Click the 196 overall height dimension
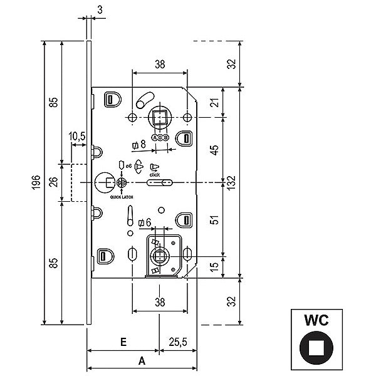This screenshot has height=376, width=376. coord(38,182)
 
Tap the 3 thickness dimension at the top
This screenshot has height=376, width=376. coord(101,9)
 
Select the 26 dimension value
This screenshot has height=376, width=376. coord(54,182)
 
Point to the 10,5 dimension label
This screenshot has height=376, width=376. coord(78,136)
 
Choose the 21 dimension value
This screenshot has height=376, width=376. coord(214,103)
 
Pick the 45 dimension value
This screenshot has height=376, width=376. coord(214,150)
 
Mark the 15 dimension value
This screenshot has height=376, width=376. coord(214,266)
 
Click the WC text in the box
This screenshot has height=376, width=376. coord(316,320)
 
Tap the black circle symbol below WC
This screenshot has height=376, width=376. coord(316,348)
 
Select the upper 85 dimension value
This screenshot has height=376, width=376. coord(54,101)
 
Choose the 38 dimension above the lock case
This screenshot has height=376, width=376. coord(160,63)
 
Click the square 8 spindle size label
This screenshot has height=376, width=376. coord(139,145)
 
